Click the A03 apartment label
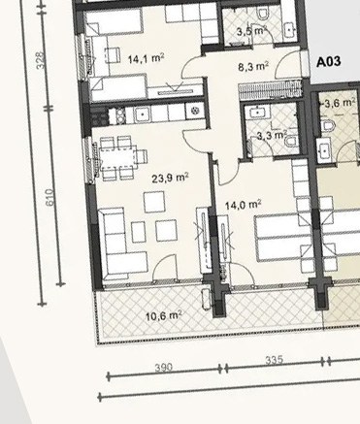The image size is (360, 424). pyautogui.click(x=328, y=61)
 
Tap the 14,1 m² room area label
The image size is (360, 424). pyautogui.click(x=146, y=59)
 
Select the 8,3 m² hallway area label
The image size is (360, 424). pyautogui.click(x=253, y=67)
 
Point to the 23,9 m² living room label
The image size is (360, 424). pyautogui.click(x=170, y=178)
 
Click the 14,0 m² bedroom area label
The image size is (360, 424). pyautogui.click(x=244, y=205)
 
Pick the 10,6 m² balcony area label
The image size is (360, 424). pyautogui.click(x=163, y=315)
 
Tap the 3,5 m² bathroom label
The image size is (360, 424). pyautogui.click(x=251, y=31)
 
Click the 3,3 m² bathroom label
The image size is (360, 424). pyautogui.click(x=272, y=135)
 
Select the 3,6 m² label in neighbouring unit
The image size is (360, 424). pyautogui.click(x=338, y=104)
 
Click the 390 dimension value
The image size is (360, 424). pyautogui.click(x=163, y=368)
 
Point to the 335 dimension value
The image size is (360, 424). pyautogui.click(x=274, y=360)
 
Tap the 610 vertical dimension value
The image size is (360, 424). pyautogui.click(x=49, y=197)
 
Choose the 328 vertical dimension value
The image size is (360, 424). pyautogui.click(x=41, y=60)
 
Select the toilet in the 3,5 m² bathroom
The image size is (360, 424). pyautogui.click(x=263, y=14)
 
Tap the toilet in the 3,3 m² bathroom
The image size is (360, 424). pyautogui.click(x=291, y=141)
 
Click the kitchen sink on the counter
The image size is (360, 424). pyautogui.click(x=143, y=114)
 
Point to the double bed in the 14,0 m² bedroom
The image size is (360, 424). pyautogui.click(x=283, y=239)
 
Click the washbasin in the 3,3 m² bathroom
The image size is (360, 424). pyautogui.click(x=258, y=113)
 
